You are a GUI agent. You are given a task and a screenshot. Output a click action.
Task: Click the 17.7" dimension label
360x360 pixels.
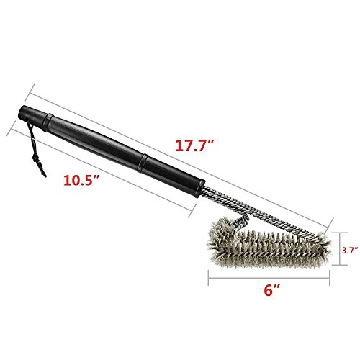tap(194, 145)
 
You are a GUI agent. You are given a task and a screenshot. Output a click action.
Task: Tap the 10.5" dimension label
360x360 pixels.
tap(81, 180)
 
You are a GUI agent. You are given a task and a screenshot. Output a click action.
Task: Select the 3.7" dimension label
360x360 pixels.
tap(351, 250)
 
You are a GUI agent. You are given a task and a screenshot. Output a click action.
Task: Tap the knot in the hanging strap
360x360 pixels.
tap(36, 159)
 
